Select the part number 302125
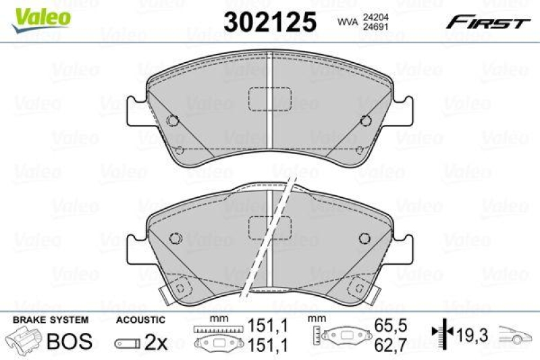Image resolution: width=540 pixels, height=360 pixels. pos(269,22)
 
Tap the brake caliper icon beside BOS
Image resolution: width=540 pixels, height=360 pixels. pos(24,341)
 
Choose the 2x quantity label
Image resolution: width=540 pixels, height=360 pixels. pos(156,342)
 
